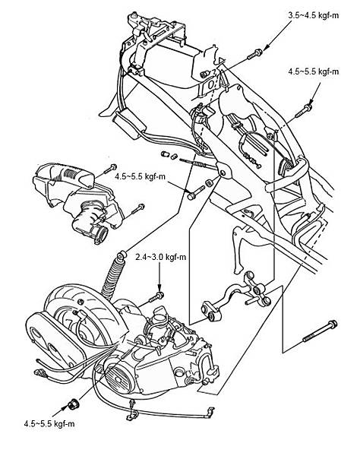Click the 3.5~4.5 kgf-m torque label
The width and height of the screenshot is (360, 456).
313,15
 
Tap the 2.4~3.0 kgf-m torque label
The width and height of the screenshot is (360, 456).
161,257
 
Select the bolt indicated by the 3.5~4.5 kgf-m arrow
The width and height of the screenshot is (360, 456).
254,55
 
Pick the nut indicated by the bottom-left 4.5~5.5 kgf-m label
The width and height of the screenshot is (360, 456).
73,404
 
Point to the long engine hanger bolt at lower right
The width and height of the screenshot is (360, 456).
320,331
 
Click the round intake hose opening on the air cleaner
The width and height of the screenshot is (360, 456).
100,233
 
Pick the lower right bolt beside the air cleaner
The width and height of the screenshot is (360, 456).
137,209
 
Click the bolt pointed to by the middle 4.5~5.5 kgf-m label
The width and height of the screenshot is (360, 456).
196,192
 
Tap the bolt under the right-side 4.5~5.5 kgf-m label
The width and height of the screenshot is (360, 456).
304,111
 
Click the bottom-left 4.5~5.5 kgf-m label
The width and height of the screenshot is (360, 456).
49,424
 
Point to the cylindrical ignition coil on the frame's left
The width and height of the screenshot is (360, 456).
130,125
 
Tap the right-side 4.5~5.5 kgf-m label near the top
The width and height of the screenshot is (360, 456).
313,71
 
